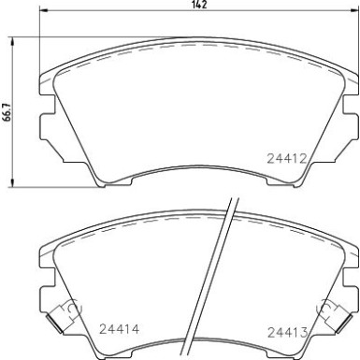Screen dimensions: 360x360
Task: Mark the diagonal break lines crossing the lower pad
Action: click(223, 281)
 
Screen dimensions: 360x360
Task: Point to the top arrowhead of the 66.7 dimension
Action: click(12, 40)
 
